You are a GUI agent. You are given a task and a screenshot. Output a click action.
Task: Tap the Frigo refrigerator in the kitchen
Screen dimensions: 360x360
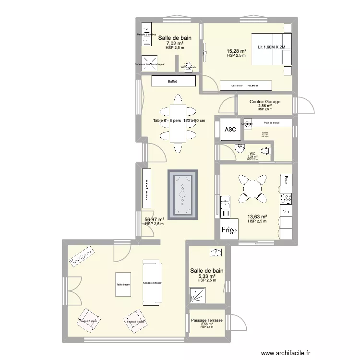(229, 230)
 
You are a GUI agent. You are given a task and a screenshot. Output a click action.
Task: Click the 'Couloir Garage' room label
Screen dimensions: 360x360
(264, 102)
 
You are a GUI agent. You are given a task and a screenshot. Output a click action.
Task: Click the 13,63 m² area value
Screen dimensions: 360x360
(257, 217)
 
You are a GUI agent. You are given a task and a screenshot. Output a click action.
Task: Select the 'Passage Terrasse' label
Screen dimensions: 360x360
(206, 320)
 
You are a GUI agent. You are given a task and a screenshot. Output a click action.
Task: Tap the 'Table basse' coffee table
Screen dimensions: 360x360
(123, 285)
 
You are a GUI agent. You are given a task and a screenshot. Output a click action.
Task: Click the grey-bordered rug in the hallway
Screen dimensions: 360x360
(182, 195)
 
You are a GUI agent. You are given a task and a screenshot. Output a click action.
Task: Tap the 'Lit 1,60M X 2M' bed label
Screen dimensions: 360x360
(271, 47)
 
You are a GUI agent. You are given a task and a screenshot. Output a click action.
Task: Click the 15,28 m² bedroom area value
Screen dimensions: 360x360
(236, 51)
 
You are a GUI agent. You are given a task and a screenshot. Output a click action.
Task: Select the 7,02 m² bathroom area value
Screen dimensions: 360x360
(175, 43)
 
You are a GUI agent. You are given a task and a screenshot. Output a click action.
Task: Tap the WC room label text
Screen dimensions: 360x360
(252, 154)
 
